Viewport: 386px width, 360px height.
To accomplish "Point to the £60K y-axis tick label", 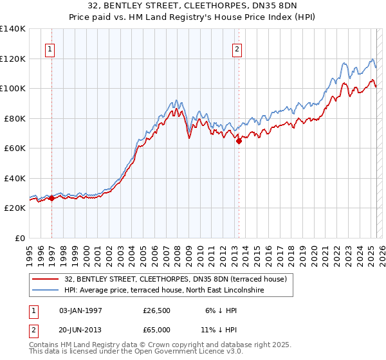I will (14, 148).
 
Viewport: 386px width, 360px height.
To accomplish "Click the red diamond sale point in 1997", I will (51, 199).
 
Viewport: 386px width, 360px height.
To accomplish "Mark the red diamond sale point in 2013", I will (239, 141).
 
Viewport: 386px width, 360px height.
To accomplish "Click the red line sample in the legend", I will (46, 278).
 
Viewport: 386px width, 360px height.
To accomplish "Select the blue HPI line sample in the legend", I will (46, 290).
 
